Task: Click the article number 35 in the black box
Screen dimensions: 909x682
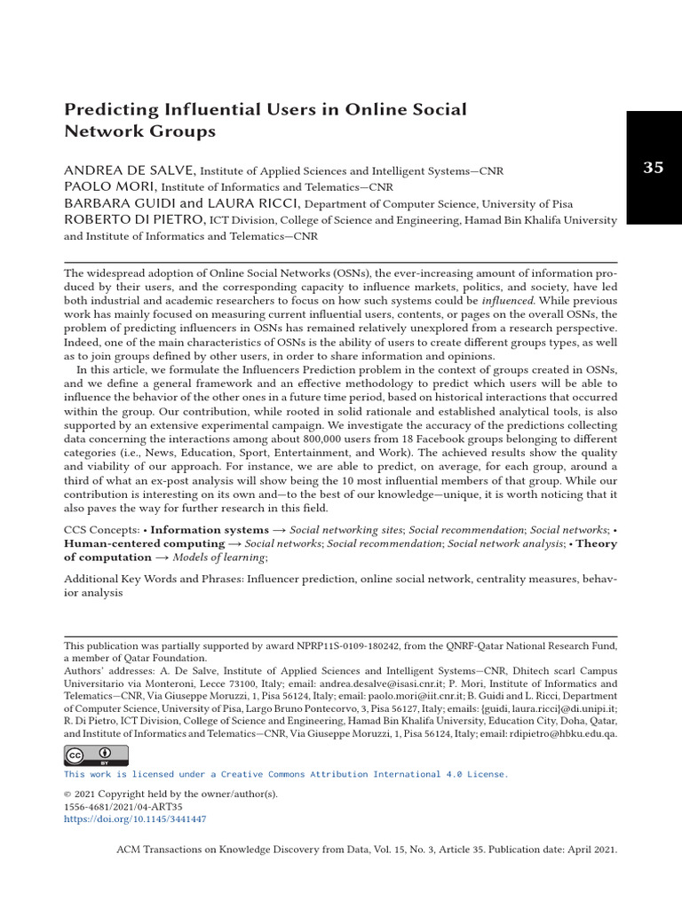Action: click(x=653, y=168)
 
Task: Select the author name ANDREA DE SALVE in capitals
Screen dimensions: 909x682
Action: click(x=130, y=170)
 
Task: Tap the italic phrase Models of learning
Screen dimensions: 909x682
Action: click(x=218, y=557)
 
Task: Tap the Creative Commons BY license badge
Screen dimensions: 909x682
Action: click(x=96, y=755)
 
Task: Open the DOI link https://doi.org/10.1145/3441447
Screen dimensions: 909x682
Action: click(x=135, y=819)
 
